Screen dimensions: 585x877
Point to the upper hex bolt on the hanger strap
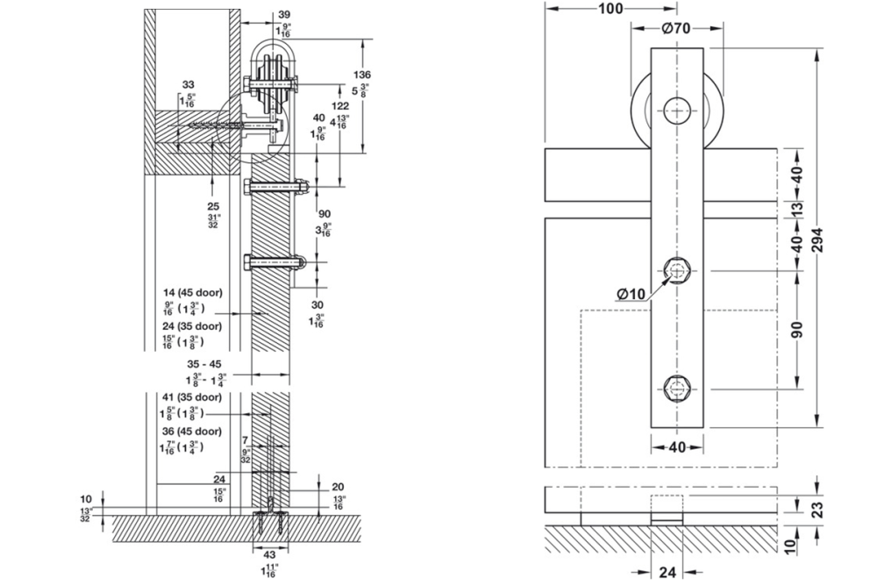(677, 271)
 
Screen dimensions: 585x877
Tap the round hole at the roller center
(677, 111)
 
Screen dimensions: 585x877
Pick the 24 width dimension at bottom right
(667, 573)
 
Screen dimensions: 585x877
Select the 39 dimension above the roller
(283, 15)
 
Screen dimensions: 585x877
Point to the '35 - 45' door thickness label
(203, 363)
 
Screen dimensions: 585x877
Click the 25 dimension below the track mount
(213, 206)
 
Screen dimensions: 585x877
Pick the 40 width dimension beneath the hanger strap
(676, 446)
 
